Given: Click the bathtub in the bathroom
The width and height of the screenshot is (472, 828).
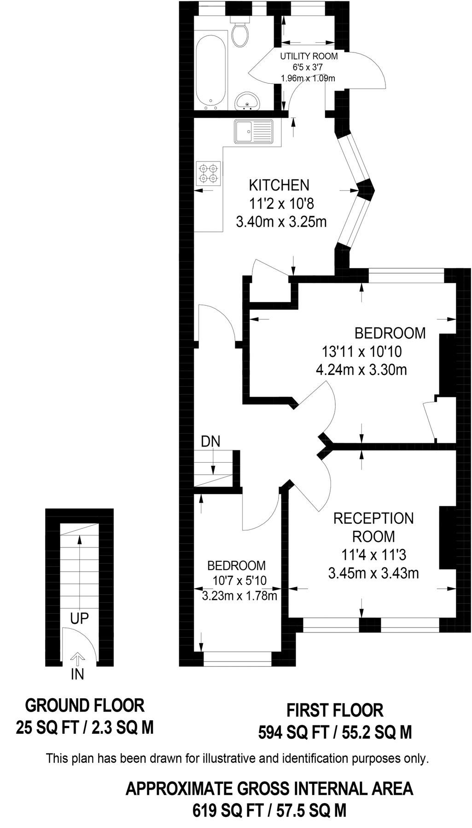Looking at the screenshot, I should point(211,72).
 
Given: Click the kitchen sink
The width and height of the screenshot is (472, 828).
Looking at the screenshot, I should point(253,131).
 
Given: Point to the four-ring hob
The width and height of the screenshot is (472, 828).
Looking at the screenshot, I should point(208,173).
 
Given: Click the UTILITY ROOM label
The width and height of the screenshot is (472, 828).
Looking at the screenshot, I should point(309,56).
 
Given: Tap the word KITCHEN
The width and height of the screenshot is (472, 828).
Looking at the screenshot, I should point(279,185).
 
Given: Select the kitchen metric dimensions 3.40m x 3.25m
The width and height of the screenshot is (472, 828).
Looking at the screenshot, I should point(281,222).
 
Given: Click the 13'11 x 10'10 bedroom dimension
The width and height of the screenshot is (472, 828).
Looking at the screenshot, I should point(361,352).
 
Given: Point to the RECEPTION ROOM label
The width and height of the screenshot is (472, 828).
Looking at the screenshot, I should point(373,527).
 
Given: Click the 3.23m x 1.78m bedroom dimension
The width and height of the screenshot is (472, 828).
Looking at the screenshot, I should point(239,596).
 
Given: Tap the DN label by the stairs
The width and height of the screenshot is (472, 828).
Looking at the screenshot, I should point(210,441).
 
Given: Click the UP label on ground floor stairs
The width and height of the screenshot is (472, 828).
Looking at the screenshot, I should point(79,618).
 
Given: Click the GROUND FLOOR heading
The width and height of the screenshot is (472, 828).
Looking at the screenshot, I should point(85,705).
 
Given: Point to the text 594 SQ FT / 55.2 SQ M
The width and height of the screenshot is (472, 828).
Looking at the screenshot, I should point(335,732).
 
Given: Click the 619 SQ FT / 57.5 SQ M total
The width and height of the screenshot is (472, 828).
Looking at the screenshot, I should point(269,810).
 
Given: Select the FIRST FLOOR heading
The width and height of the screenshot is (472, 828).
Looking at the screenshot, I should point(335,710).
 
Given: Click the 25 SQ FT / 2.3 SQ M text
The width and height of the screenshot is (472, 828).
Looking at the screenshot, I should point(85,727).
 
